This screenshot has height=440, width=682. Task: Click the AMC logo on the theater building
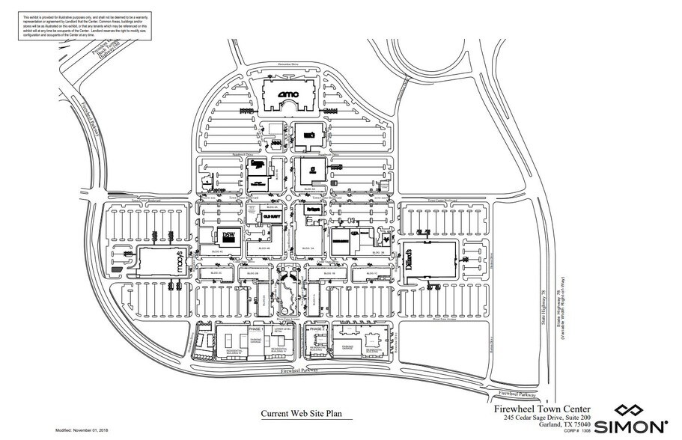pos(287,94)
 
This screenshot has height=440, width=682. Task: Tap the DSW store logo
pos(229,236)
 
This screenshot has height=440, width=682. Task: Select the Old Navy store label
pos(271,215)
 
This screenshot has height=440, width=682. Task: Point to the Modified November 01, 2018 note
pos(84,432)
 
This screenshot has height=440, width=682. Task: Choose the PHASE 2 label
pos(316,330)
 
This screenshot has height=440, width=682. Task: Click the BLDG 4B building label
pos(264,249)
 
